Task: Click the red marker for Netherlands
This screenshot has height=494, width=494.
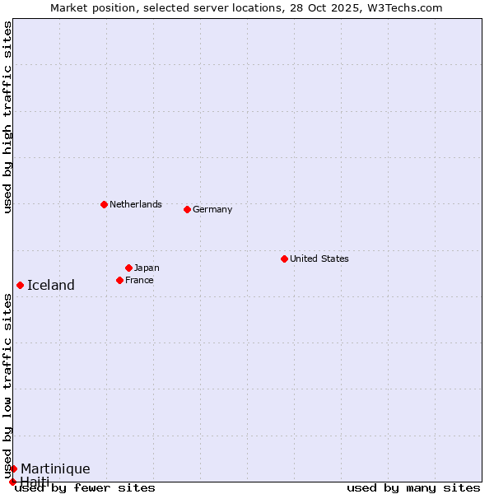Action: (104, 204)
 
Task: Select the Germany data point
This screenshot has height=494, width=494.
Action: (187, 209)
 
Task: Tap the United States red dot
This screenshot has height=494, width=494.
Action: (284, 259)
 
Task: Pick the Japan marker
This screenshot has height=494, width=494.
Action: (128, 268)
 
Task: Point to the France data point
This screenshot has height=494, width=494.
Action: (119, 280)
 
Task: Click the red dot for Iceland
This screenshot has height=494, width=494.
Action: (20, 285)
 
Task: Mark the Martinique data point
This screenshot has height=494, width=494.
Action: (13, 468)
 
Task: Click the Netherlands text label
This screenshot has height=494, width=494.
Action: (135, 204)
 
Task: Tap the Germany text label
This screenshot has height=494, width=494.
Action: (212, 209)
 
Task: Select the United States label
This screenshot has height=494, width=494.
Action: (319, 259)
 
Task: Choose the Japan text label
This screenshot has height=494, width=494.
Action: (147, 268)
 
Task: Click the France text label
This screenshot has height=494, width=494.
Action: (139, 280)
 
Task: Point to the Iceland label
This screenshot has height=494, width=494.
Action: (51, 285)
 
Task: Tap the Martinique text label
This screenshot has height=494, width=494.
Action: (55, 468)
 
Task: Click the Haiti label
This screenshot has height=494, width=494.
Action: (35, 481)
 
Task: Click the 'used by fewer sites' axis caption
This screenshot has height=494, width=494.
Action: (86, 487)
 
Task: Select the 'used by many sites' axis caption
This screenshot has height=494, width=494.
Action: (413, 487)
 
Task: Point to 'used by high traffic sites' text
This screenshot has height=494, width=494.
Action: (7, 117)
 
